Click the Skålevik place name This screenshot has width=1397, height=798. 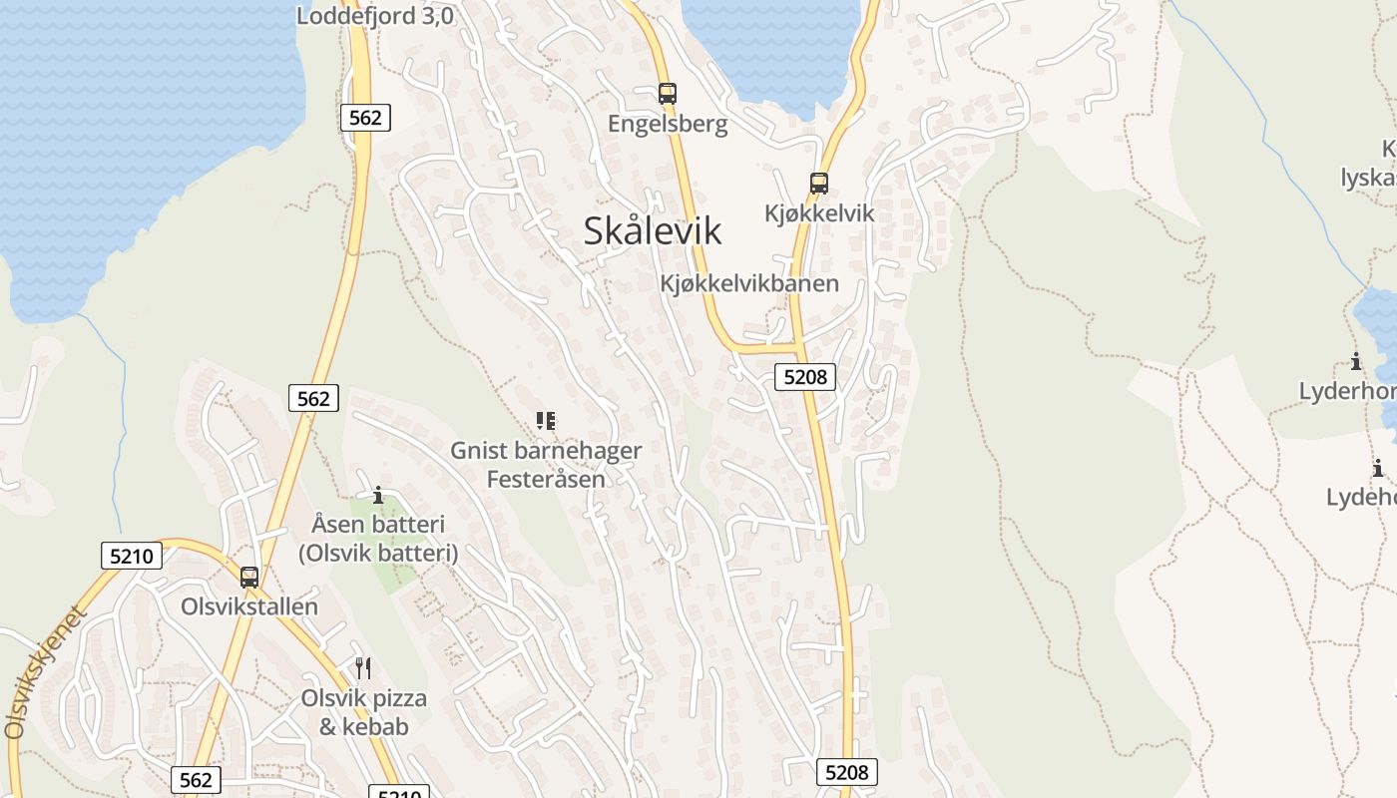[x=653, y=231]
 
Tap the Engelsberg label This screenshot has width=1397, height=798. [x=668, y=125]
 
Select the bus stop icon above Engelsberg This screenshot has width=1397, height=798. [x=668, y=94]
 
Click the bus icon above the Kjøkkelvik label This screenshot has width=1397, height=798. [x=819, y=184]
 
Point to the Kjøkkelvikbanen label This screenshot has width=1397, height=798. [x=749, y=283]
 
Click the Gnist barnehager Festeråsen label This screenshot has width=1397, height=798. [x=546, y=465]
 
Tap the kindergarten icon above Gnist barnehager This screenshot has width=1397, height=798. [x=545, y=421]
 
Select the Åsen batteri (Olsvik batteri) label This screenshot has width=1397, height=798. [x=378, y=539]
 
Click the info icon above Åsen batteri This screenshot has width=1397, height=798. [x=377, y=495]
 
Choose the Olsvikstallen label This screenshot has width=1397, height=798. [x=249, y=606]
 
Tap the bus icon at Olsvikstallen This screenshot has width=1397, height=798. [x=249, y=577]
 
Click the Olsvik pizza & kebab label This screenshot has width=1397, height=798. [x=364, y=712]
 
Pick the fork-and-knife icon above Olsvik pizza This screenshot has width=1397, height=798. [x=363, y=668]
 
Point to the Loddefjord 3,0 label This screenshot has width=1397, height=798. [x=375, y=16]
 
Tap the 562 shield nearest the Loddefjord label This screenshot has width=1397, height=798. [x=365, y=118]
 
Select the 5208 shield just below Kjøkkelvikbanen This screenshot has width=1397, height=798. [x=805, y=376]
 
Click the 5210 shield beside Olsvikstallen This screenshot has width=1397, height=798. [x=132, y=556]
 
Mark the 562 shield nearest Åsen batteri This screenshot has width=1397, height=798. [x=313, y=399]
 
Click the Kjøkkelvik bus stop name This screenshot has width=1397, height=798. [x=819, y=213]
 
